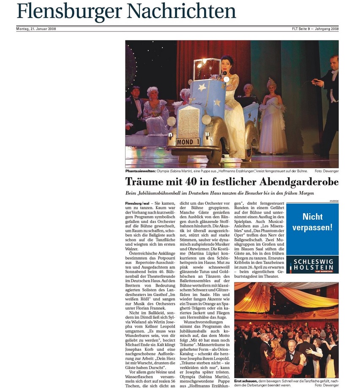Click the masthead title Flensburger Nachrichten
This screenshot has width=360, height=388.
tap(126, 11)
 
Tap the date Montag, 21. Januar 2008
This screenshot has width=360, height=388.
tap(36, 29)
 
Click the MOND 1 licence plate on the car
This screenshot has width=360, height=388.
tap(188, 142)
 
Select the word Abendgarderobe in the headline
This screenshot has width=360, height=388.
tap(287, 182)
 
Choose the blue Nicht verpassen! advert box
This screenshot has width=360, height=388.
tap(312, 228)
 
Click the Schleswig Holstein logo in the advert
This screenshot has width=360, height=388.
tap(312, 265)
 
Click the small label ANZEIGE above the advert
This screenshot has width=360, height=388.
tap(333, 201)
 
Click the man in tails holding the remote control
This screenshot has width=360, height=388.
tap(330, 101)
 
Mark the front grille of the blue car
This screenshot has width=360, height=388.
tap(187, 122)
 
